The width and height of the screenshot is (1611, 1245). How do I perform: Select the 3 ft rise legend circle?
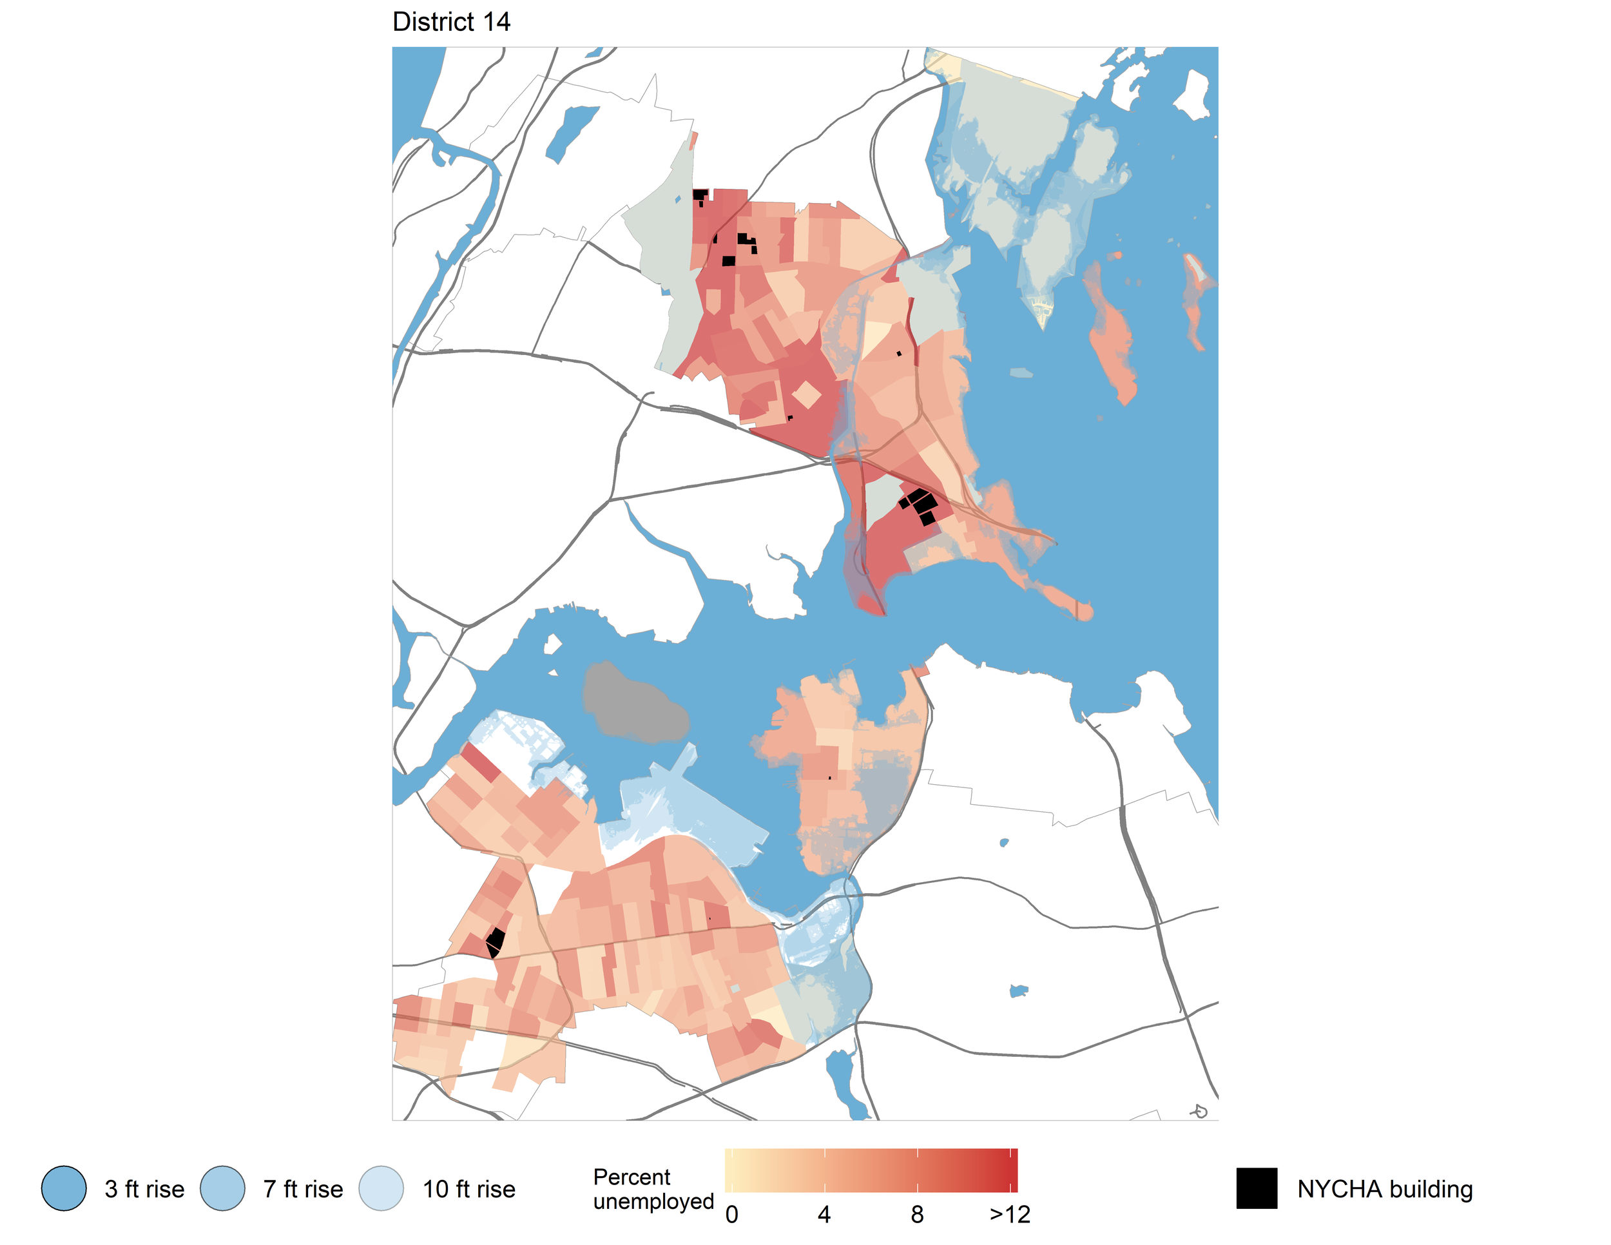(64, 1188)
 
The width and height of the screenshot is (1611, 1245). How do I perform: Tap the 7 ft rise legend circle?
(223, 1188)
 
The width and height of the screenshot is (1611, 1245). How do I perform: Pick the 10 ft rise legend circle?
(381, 1188)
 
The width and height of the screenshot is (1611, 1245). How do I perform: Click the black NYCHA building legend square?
(1256, 1188)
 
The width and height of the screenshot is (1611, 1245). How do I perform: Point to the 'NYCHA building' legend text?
(1385, 1189)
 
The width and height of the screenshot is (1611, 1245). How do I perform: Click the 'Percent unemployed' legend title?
(653, 1188)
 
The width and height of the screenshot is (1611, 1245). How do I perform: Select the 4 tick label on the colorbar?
(824, 1215)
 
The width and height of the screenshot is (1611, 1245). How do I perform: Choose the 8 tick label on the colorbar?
(917, 1215)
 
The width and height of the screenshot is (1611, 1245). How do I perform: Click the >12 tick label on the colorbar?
(1009, 1215)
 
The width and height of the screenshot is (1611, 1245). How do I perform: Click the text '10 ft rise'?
(468, 1189)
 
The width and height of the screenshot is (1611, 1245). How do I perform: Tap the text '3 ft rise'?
(144, 1189)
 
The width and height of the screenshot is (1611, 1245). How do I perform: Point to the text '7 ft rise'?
(303, 1189)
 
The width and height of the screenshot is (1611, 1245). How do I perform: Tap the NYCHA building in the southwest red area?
(495, 942)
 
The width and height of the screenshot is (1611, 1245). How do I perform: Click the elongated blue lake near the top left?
(570, 133)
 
